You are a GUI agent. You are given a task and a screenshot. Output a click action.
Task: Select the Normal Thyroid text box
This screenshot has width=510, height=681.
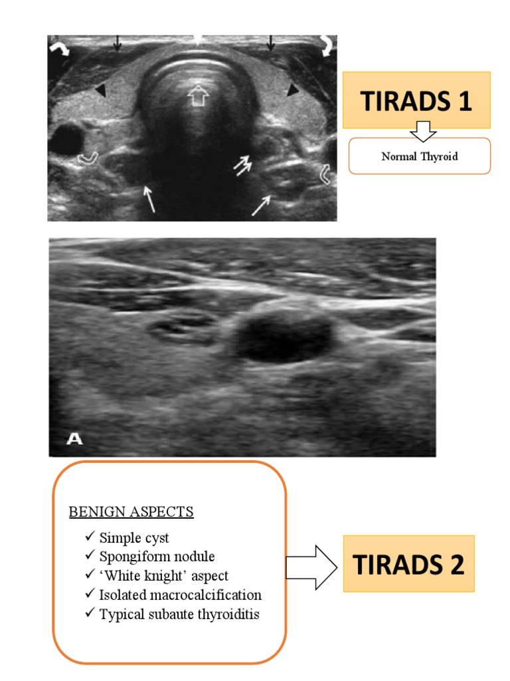(419, 157)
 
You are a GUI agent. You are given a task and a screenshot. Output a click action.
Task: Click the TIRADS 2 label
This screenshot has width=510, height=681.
(408, 564)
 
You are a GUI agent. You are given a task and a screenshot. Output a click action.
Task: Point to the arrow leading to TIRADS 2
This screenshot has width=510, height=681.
(311, 567)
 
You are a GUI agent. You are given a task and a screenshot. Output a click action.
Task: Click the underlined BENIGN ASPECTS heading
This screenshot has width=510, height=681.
(131, 511)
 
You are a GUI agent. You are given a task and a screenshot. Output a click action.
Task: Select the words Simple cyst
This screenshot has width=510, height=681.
(134, 538)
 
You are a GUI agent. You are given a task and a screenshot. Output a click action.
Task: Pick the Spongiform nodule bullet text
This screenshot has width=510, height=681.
(157, 557)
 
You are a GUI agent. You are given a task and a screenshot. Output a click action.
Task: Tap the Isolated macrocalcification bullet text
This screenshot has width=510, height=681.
(181, 595)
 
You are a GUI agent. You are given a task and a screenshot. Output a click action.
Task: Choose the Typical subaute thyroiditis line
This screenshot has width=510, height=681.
(179, 614)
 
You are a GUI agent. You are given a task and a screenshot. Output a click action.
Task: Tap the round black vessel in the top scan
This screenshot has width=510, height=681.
(67, 138)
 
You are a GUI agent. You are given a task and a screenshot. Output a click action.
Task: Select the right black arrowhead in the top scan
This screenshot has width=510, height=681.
(292, 90)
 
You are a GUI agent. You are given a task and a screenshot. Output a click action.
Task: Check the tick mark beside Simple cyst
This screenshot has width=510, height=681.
(90, 537)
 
